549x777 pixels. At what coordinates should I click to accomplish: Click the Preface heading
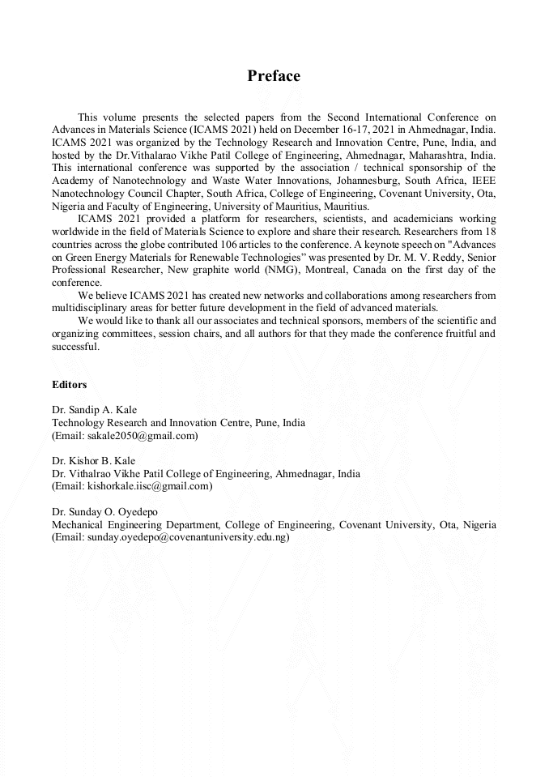[274, 76]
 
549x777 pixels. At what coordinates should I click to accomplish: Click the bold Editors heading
[70, 385]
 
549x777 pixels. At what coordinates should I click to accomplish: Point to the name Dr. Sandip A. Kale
[94, 410]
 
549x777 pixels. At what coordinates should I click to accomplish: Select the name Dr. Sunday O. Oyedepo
[104, 512]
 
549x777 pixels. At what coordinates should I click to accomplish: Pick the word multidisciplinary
[91, 308]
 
